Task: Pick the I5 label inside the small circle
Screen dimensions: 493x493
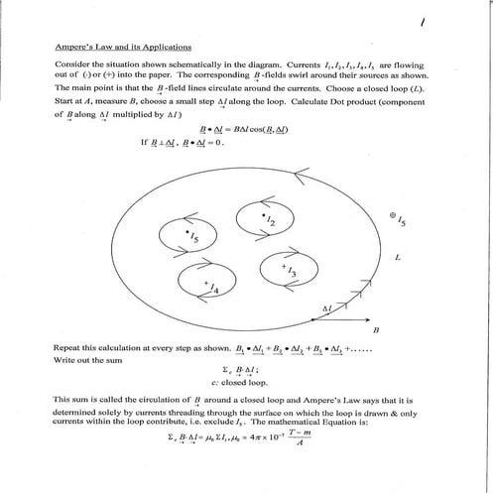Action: tap(192, 238)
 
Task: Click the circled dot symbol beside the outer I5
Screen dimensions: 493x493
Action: tap(393, 215)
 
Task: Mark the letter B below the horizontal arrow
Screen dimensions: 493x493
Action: tap(377, 329)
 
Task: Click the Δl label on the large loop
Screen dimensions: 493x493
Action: tap(324, 309)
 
